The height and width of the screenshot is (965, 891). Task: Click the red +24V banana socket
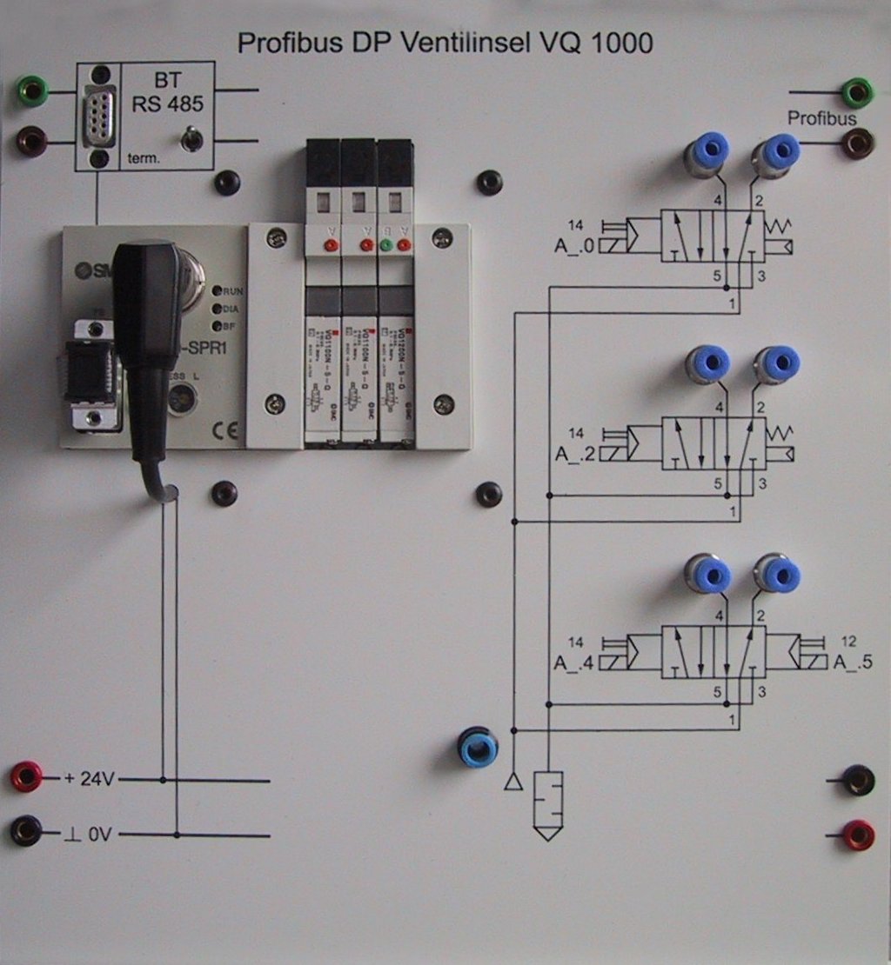pos(25,776)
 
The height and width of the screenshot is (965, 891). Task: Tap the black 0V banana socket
pos(25,831)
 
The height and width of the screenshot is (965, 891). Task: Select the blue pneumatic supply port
pos(478,749)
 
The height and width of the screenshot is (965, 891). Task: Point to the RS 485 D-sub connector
pos(97,119)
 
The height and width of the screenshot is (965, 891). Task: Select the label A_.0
pos(574,246)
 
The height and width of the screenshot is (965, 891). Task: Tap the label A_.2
pos(574,453)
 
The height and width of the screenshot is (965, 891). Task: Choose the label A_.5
pos(853,662)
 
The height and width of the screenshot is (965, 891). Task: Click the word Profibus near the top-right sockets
pos(822,118)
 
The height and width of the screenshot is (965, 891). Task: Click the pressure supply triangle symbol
pos(513,783)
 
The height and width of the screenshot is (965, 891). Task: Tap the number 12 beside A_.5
pos(850,642)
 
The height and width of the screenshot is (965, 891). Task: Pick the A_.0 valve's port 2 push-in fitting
pos(777,151)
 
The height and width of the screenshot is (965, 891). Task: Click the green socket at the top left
pos(33,90)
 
